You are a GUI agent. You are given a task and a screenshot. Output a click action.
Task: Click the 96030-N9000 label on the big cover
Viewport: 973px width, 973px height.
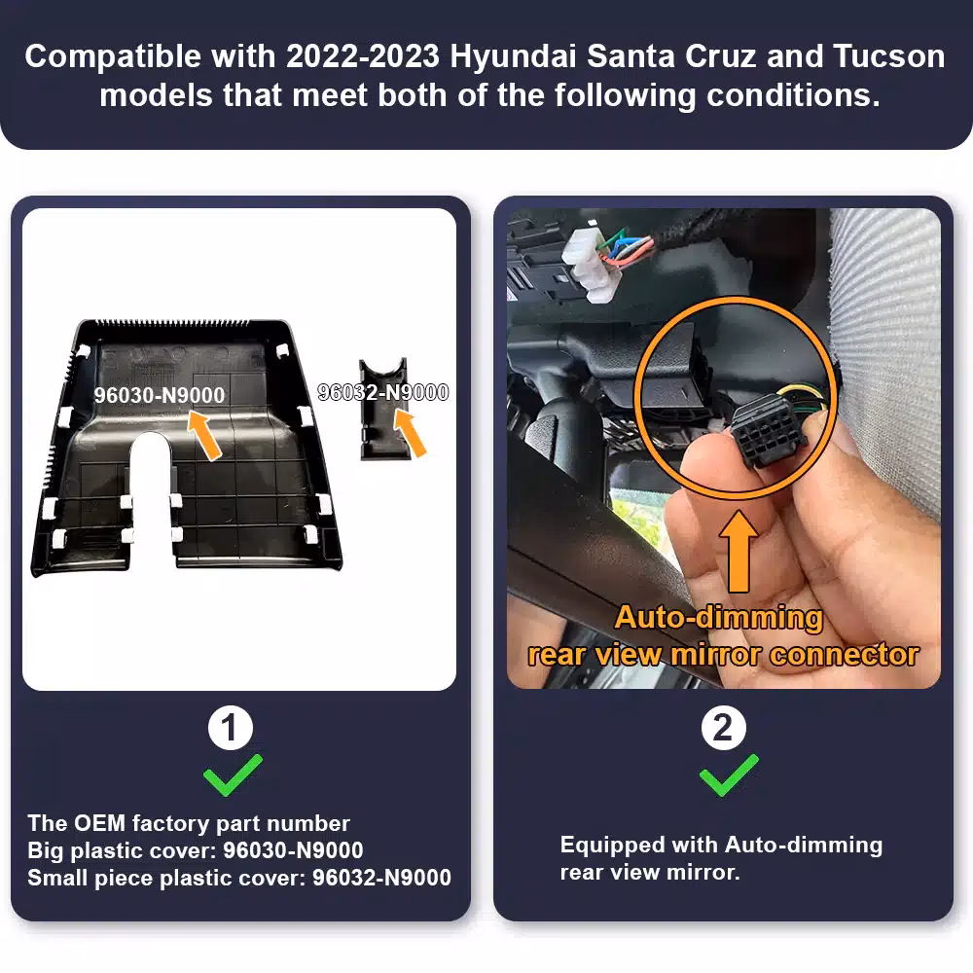tap(160, 395)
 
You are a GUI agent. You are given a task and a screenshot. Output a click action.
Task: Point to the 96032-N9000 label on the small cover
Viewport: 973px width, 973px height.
tap(383, 392)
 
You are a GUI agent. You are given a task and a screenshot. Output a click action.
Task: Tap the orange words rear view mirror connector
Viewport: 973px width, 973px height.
tap(723, 654)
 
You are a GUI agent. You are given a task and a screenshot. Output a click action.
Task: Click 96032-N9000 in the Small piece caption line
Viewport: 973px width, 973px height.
tap(381, 878)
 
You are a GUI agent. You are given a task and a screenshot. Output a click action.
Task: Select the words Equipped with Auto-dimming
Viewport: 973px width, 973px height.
tap(721, 845)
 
